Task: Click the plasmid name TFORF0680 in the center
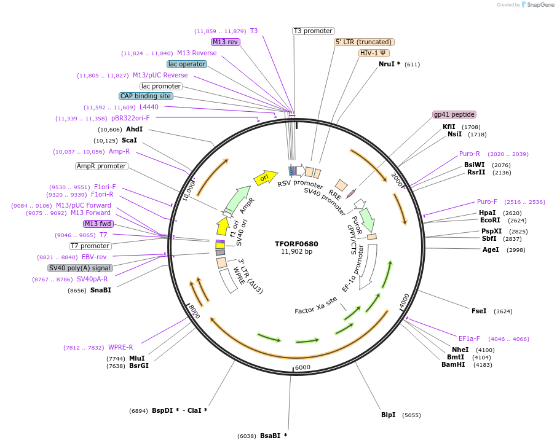296,243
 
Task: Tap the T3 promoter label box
313,31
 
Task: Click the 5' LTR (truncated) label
364,42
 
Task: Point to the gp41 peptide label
454,114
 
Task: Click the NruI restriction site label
389,64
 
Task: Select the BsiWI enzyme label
474,165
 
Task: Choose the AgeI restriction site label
491,249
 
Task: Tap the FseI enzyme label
479,311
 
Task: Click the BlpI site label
388,415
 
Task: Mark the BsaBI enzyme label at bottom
273,436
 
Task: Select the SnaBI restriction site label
101,290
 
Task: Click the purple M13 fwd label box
98,224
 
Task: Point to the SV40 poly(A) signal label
80,268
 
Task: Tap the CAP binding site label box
146,96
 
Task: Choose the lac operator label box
187,64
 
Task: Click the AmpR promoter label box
101,166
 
